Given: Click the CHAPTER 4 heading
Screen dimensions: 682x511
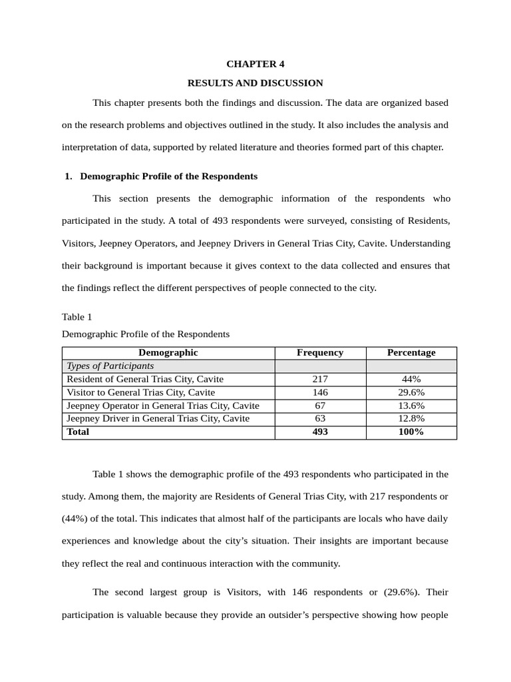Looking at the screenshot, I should pyautogui.click(x=255, y=64).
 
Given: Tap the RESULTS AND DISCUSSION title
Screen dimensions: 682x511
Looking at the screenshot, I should pyautogui.click(x=255, y=83).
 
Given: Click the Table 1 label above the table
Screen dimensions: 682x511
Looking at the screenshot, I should pyautogui.click(x=77, y=316).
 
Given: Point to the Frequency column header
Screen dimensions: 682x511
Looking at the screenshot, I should pyautogui.click(x=320, y=353).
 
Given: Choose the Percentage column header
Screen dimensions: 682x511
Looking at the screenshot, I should pyautogui.click(x=411, y=353).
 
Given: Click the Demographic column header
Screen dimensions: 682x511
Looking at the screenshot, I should pyautogui.click(x=168, y=353).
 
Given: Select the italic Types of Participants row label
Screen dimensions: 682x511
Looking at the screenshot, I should pyautogui.click(x=110, y=366).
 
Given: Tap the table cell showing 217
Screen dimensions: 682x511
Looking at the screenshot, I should pyautogui.click(x=320, y=380).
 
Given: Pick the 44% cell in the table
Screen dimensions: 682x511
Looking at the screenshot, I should pyautogui.click(x=411, y=380).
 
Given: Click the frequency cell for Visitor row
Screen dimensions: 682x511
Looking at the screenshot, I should pyautogui.click(x=320, y=393).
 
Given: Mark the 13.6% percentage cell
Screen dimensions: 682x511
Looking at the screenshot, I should pyautogui.click(x=411, y=406).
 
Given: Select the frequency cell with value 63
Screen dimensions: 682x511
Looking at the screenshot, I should pyautogui.click(x=320, y=419).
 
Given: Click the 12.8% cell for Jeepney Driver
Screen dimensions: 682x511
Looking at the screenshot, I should pyautogui.click(x=411, y=419).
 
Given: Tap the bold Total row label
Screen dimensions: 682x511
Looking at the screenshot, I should pyautogui.click(x=78, y=432).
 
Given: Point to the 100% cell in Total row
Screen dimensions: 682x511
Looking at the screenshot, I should pyautogui.click(x=411, y=432).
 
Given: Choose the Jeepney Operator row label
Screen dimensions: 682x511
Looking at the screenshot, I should pyautogui.click(x=163, y=406).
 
